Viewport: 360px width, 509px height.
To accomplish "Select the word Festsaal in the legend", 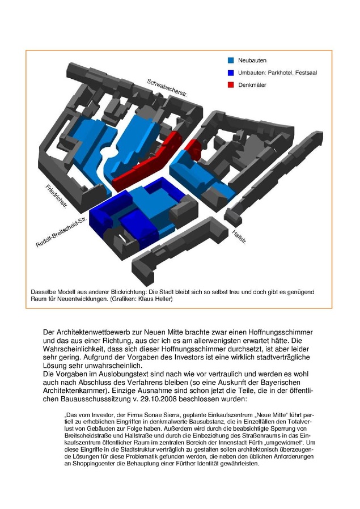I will (313, 73).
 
